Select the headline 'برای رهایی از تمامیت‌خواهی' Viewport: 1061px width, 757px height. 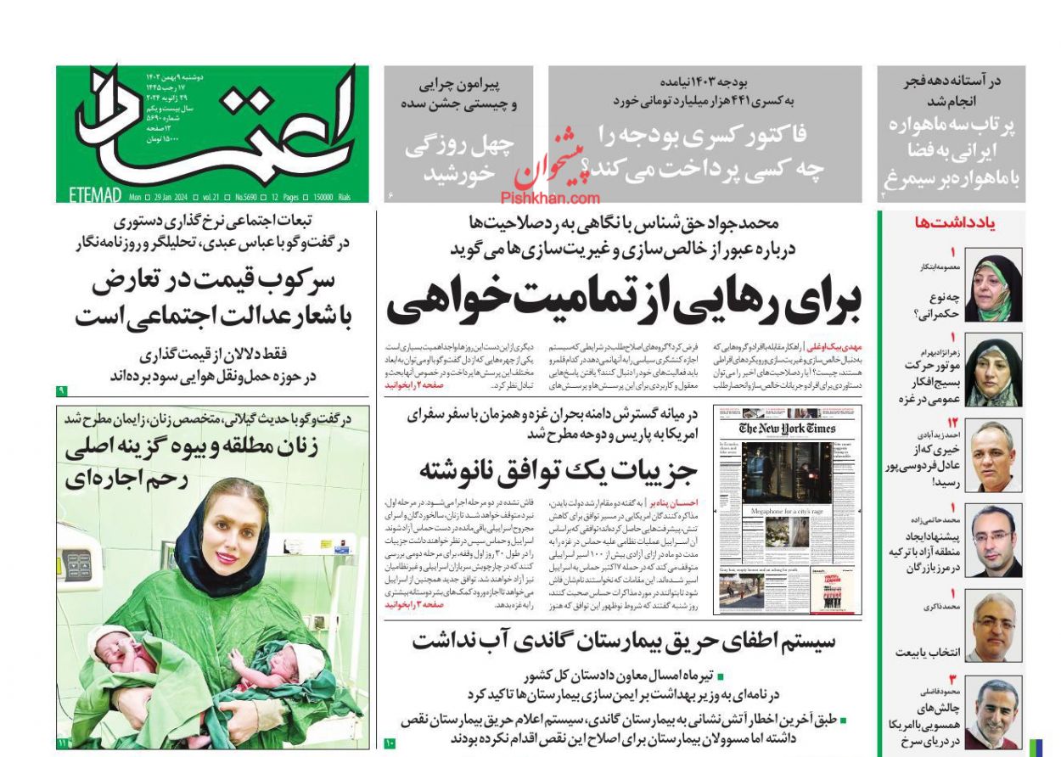624,298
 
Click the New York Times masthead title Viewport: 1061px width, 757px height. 787,429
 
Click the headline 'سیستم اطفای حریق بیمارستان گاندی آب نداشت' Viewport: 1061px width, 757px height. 624,641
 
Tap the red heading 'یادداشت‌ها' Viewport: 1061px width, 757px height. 955,223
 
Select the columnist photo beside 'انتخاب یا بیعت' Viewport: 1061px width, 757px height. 993,628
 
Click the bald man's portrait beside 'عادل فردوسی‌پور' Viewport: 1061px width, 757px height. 993,456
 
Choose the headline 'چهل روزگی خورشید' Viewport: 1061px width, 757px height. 458,159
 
